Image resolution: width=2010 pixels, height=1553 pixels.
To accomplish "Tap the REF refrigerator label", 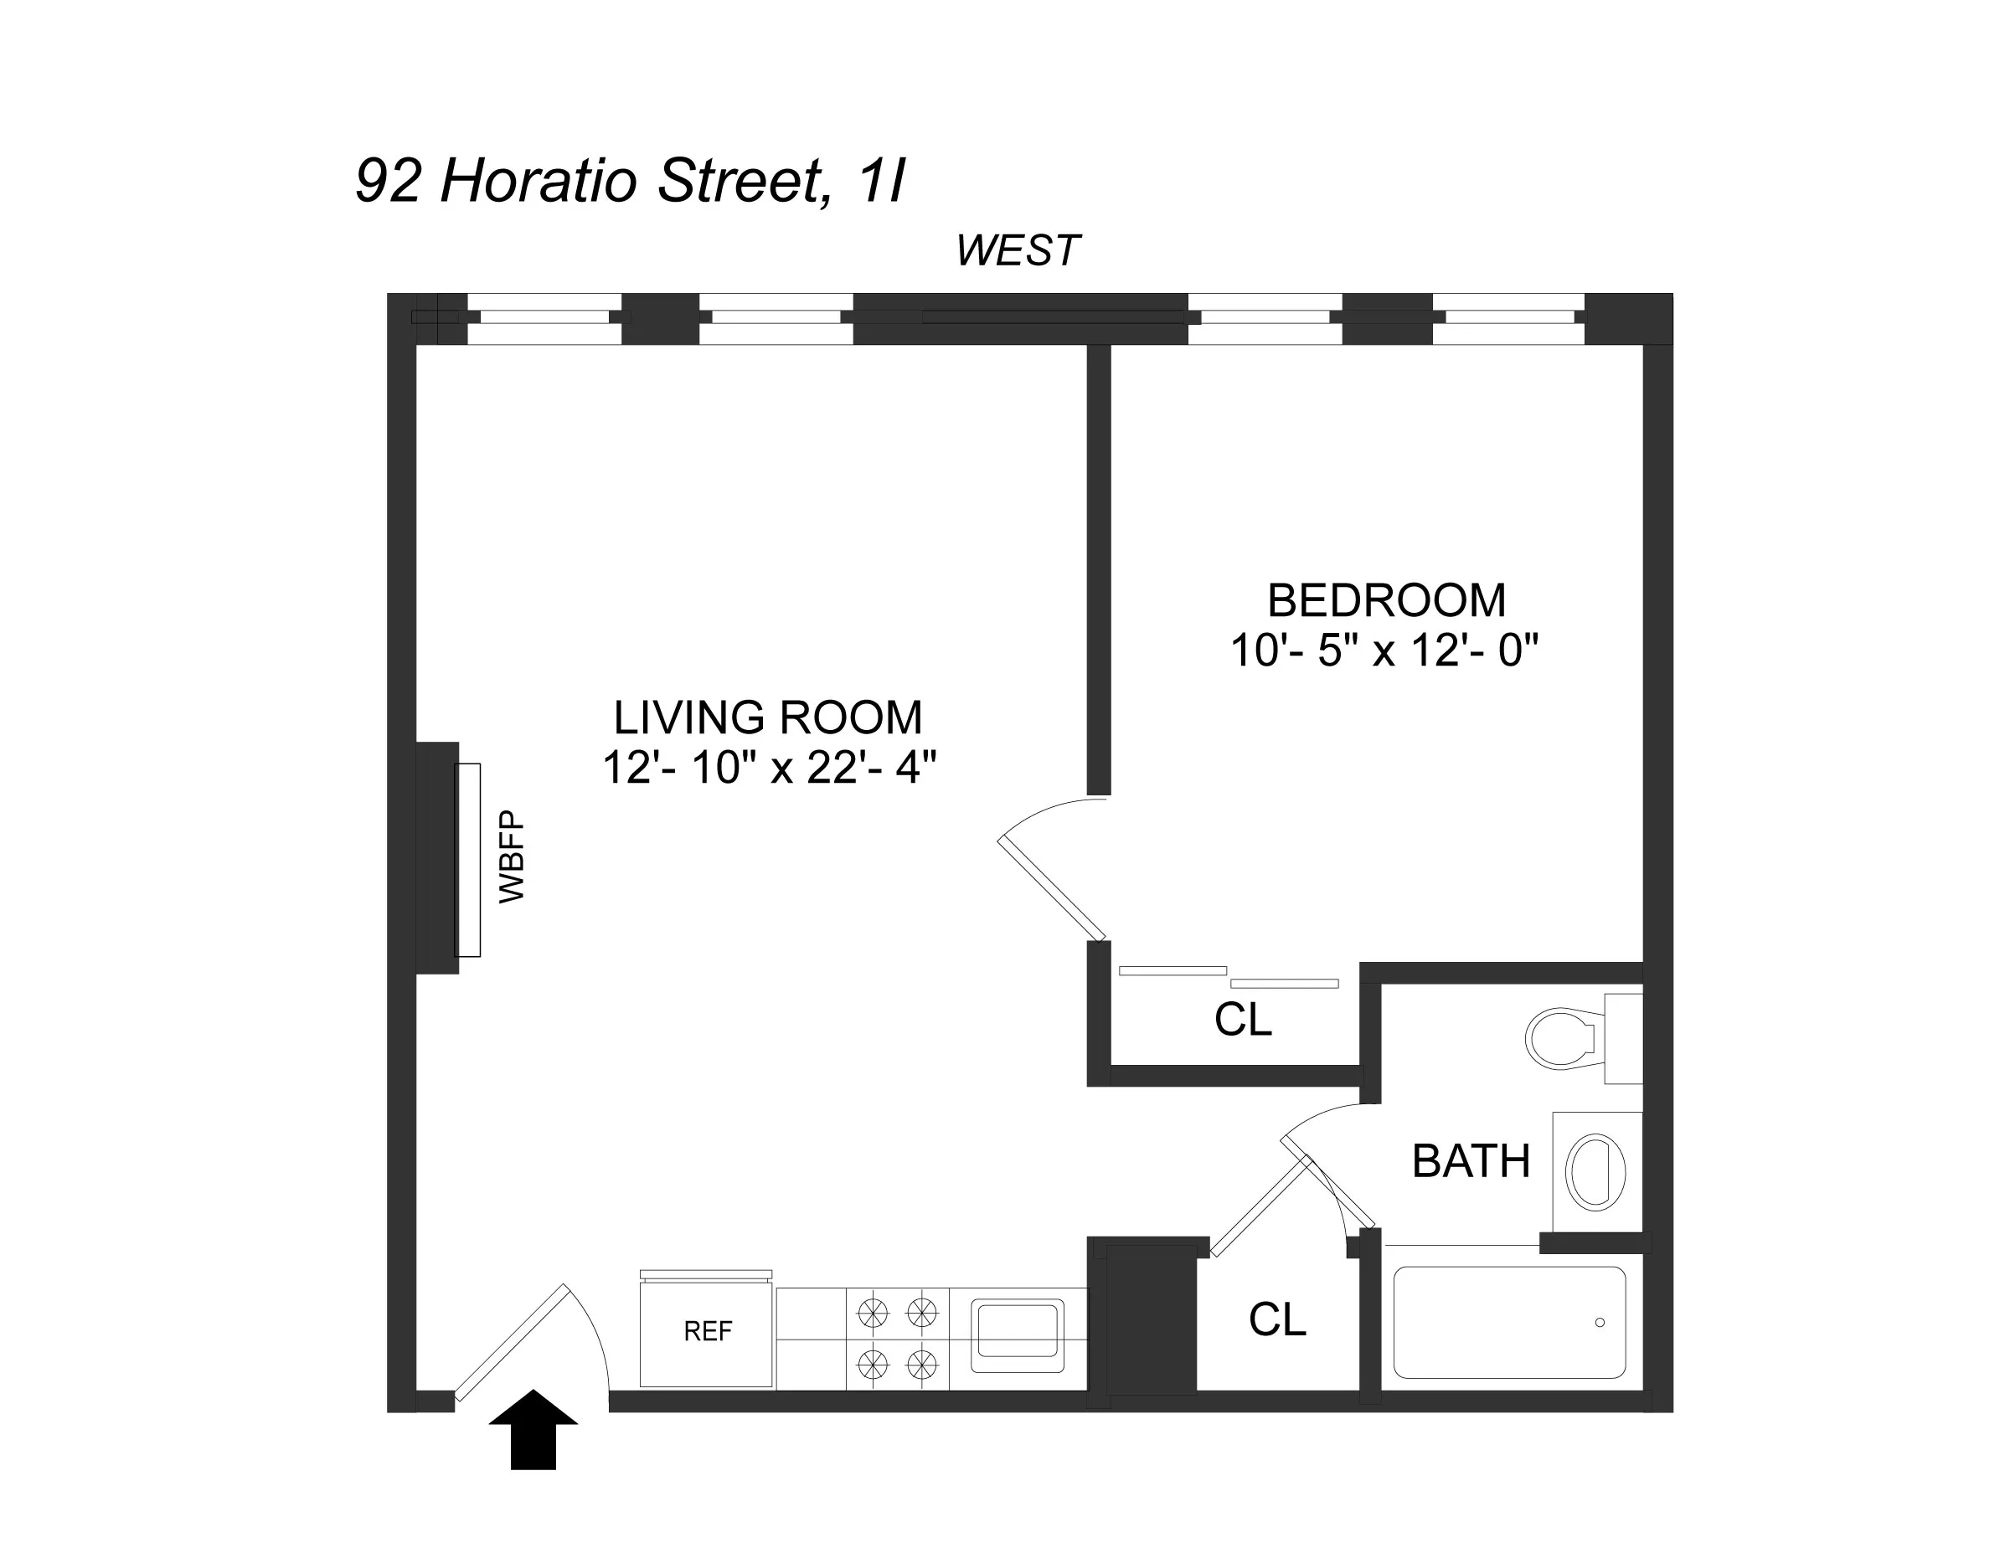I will tap(708, 1331).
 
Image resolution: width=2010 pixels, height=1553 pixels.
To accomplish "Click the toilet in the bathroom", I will tap(1564, 1038).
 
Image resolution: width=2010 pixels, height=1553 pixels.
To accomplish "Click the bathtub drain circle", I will tap(1600, 1322).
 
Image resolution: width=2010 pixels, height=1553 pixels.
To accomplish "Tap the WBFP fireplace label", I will tap(512, 856).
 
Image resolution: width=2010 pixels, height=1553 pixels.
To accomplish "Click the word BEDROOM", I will tap(1386, 601).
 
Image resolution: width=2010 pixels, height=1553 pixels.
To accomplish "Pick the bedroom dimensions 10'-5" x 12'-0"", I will tap(1384, 651).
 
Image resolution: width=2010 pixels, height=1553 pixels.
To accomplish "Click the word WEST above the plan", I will tap(1017, 250).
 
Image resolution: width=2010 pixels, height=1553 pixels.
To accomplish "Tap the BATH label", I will tap(1471, 1161).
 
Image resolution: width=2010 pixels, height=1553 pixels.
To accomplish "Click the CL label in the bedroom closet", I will tap(1243, 1020).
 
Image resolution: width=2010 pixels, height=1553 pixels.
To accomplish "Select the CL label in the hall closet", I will tap(1276, 1319).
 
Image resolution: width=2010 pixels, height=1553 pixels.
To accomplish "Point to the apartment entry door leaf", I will tap(512, 1342).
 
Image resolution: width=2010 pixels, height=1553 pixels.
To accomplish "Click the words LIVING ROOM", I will tap(767, 717).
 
